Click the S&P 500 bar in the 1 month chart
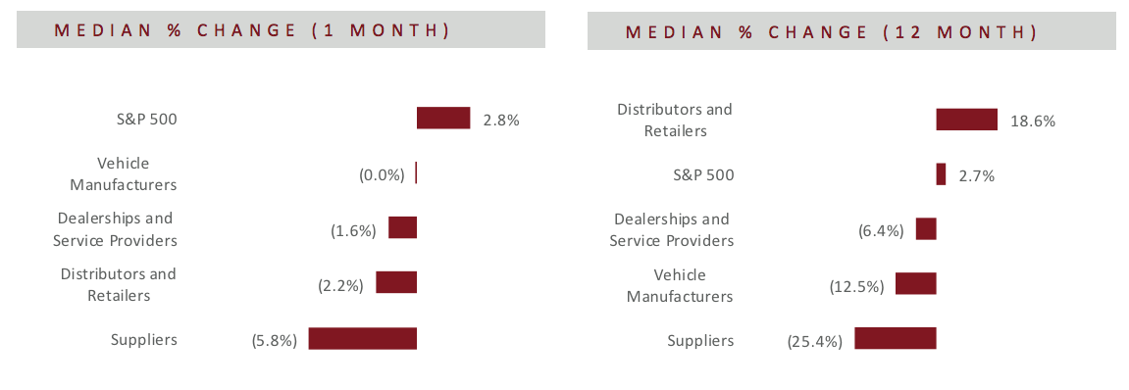click(x=443, y=118)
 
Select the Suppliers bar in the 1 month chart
click(x=363, y=338)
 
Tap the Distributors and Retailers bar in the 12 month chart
click(x=966, y=120)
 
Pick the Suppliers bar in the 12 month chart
click(x=895, y=338)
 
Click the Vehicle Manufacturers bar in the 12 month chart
click(x=916, y=283)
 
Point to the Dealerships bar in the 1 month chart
click(x=402, y=227)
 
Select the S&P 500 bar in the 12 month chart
click(x=941, y=174)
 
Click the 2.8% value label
click(x=501, y=121)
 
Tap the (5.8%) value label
click(x=275, y=340)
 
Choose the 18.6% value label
click(x=1033, y=122)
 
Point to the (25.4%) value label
click(x=815, y=340)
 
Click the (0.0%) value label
click(x=382, y=174)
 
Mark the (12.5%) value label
click(x=857, y=286)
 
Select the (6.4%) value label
click(x=881, y=231)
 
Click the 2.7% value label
click(x=976, y=175)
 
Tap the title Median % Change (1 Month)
click(x=252, y=30)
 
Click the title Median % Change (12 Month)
click(x=832, y=32)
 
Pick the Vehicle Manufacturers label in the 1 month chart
click(x=123, y=173)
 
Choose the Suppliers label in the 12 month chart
click(x=700, y=340)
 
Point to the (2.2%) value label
click(x=340, y=286)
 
